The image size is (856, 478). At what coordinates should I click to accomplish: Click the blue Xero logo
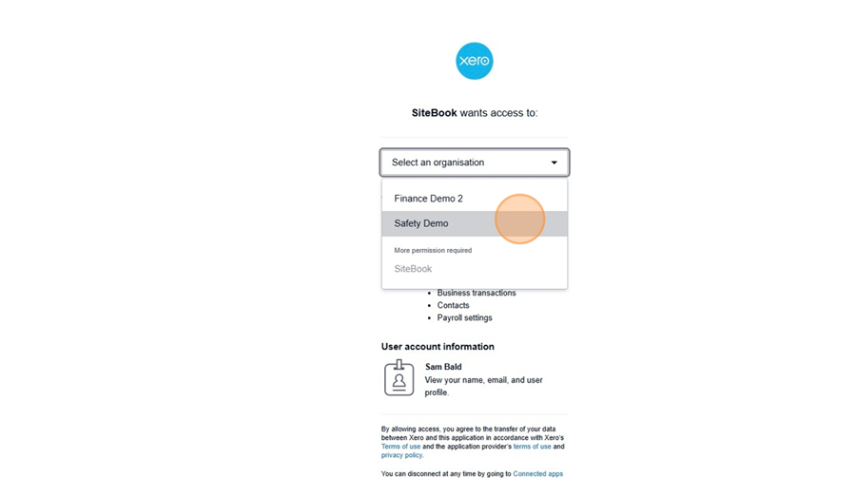coord(475,61)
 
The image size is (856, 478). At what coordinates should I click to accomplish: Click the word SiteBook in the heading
coord(434,112)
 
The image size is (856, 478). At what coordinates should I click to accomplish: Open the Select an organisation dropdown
coord(466,163)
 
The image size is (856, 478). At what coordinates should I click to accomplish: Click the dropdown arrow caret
coord(554,163)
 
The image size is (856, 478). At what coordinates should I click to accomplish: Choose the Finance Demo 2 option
coord(428,199)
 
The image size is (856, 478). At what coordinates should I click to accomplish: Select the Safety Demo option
coord(421,223)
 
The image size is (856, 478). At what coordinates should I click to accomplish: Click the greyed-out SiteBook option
coord(413,269)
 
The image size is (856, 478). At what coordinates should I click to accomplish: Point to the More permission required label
coord(433,250)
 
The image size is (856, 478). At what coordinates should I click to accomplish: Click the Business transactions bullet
coord(476,293)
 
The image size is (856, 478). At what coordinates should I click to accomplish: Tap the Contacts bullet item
coord(453,305)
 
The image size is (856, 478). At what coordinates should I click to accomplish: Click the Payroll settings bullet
coord(464,317)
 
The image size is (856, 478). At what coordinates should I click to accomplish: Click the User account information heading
coord(438,347)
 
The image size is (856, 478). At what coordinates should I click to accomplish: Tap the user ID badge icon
coord(399,377)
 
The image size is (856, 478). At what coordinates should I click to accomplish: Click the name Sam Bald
coord(443,367)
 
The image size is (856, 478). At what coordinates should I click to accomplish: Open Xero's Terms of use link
coord(400,447)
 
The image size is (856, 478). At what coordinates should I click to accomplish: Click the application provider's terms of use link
coord(532,447)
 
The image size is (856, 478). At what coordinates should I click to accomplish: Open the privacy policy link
coord(402,455)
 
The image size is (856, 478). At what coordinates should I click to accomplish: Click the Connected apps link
coord(537,473)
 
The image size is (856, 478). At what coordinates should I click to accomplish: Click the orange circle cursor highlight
coord(519,220)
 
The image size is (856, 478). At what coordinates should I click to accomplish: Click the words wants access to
coord(499,112)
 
